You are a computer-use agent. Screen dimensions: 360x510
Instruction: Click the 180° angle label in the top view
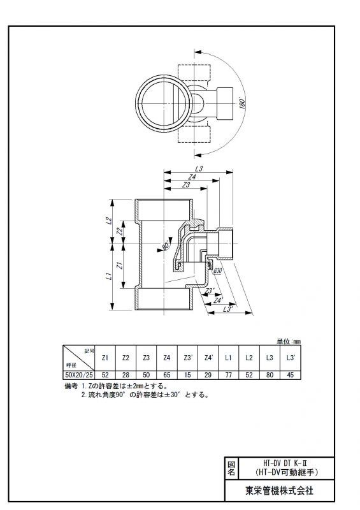pyautogui.click(x=242, y=103)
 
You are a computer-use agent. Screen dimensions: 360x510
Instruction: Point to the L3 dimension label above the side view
pyautogui.click(x=199, y=168)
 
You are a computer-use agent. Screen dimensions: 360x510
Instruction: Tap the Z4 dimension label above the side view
pyautogui.click(x=192, y=177)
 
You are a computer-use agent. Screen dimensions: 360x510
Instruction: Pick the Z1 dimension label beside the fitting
pyautogui.click(x=120, y=265)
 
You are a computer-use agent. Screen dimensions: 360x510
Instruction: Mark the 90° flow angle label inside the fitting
pyautogui.click(x=165, y=246)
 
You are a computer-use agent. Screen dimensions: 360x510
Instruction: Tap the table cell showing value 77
pyautogui.click(x=229, y=375)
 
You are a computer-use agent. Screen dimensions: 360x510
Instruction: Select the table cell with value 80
pyautogui.click(x=270, y=375)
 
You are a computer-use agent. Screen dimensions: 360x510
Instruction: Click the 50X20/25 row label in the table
pyautogui.click(x=79, y=375)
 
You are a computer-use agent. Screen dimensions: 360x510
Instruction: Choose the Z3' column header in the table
pyautogui.click(x=188, y=358)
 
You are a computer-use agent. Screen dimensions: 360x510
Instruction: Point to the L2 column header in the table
pyautogui.click(x=249, y=358)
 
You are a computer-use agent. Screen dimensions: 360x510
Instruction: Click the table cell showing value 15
pyautogui.click(x=187, y=375)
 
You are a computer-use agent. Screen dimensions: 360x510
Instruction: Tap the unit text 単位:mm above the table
pyautogui.click(x=289, y=341)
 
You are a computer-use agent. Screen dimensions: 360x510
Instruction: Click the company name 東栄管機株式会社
pyautogui.click(x=279, y=490)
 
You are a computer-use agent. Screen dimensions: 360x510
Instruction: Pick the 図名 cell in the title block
pyautogui.click(x=231, y=468)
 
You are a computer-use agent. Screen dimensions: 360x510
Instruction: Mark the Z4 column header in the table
pyautogui.click(x=166, y=358)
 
